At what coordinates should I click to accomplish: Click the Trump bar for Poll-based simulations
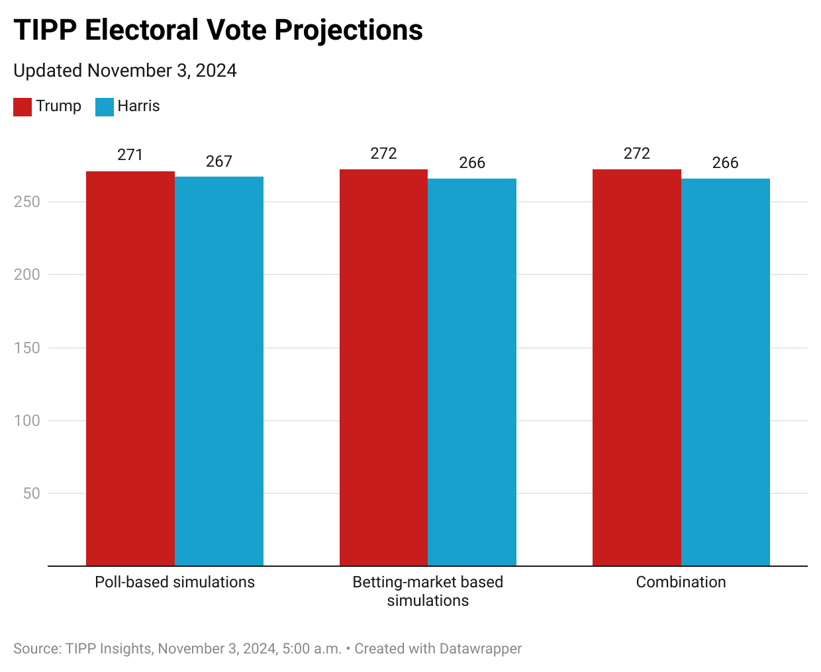click(130, 368)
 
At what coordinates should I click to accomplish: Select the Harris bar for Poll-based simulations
click(219, 371)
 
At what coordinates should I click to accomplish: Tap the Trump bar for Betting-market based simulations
click(383, 368)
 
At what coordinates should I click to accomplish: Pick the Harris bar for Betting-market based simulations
click(472, 372)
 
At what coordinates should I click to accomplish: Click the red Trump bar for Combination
click(637, 368)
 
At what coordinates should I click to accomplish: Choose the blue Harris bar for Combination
click(726, 372)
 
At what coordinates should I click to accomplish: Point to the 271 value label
click(130, 155)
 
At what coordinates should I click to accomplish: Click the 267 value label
click(219, 161)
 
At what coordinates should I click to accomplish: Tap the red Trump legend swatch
click(23, 106)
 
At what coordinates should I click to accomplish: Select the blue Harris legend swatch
click(105, 106)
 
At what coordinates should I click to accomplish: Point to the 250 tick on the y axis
click(27, 202)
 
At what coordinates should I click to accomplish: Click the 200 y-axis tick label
click(27, 274)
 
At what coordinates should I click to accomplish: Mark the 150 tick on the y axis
click(27, 348)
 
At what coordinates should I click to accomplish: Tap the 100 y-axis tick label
click(27, 421)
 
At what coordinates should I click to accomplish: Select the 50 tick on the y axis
click(31, 493)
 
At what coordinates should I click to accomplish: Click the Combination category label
click(681, 582)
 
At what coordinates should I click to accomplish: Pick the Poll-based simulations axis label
click(175, 582)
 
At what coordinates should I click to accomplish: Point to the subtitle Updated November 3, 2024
click(125, 71)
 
